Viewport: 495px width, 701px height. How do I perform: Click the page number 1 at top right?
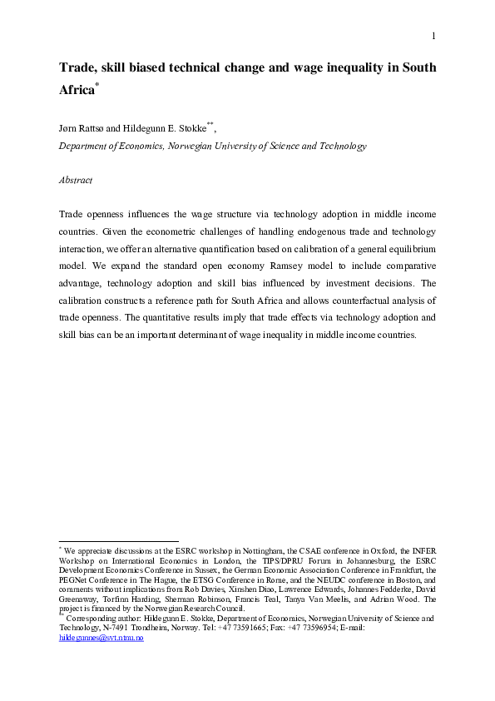[434, 36]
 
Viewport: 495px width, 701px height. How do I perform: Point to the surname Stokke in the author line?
[191, 129]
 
